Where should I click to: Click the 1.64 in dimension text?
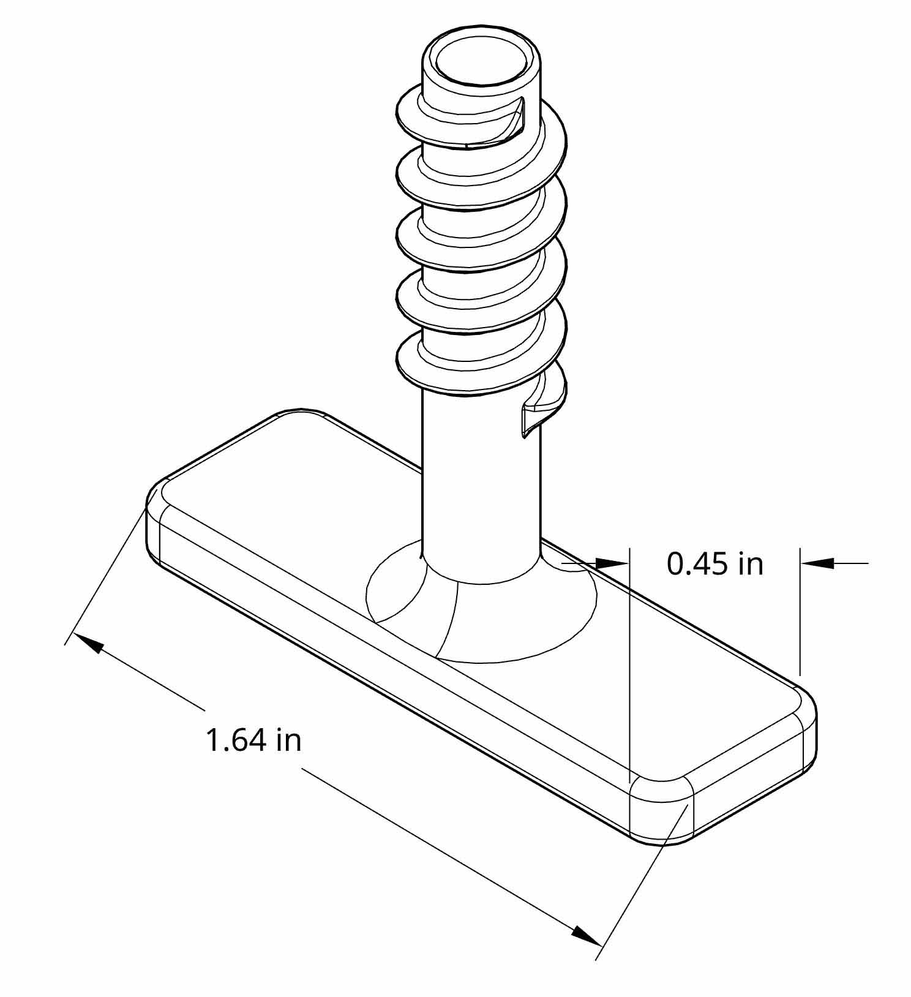pyautogui.click(x=253, y=740)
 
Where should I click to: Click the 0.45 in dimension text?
pyautogui.click(x=714, y=563)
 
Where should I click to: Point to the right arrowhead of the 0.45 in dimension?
pyautogui.click(x=818, y=562)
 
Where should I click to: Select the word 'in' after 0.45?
pyautogui.click(x=751, y=563)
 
